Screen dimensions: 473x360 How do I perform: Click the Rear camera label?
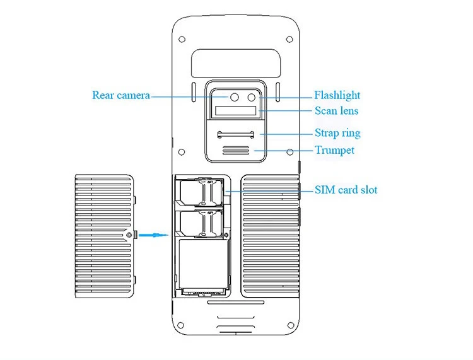pos(121,95)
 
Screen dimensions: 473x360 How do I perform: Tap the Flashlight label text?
pos(337,95)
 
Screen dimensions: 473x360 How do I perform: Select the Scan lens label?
pos(337,111)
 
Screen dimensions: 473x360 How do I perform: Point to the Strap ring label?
pos(337,133)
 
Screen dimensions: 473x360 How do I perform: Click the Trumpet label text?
pos(334,150)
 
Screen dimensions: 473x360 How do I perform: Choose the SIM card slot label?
pos(346,190)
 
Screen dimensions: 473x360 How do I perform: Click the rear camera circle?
pos(235,97)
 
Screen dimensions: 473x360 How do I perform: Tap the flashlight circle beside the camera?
pos(252,97)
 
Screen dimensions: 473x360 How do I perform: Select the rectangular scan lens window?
pos(236,111)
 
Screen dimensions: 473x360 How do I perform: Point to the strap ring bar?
pos(236,134)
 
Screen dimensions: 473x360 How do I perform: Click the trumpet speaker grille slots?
pos(236,151)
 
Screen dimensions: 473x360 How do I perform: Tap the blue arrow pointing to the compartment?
pos(153,235)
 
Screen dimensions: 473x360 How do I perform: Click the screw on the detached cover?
pos(129,235)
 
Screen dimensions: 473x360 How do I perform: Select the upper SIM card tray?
pos(201,192)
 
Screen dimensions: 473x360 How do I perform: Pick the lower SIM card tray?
pos(201,223)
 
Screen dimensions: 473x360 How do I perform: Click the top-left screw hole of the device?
pos(182,39)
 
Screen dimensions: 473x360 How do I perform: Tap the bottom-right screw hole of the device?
pos(291,325)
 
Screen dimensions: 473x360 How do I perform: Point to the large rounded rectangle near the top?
pos(236,62)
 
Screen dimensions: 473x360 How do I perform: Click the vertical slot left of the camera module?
pos(194,91)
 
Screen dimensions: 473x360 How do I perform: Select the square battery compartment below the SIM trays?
pos(203,264)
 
